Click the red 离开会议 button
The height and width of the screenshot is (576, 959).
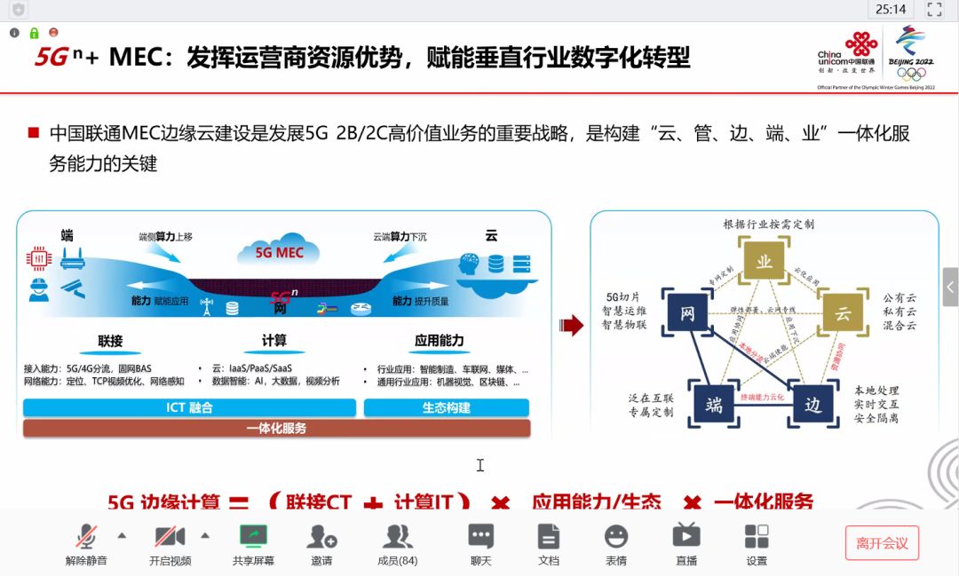click(882, 542)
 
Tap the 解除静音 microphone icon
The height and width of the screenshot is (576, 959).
click(86, 536)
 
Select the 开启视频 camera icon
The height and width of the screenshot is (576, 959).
click(170, 536)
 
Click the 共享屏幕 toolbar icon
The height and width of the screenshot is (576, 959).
click(253, 536)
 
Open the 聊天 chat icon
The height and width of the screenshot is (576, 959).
click(481, 536)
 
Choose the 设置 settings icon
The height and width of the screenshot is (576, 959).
click(757, 536)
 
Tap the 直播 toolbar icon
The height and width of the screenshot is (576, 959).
click(686, 536)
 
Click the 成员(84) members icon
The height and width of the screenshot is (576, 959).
click(397, 536)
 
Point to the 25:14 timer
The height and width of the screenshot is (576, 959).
click(891, 10)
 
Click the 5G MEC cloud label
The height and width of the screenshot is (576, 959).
click(280, 252)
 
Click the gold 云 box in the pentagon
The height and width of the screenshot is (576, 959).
click(843, 313)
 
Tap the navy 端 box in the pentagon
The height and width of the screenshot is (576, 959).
click(714, 405)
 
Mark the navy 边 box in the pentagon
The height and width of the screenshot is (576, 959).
click(812, 405)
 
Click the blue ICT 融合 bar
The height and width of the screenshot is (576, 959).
click(189, 407)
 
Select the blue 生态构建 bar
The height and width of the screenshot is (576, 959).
click(447, 407)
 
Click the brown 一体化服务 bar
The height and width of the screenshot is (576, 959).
click(276, 428)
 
